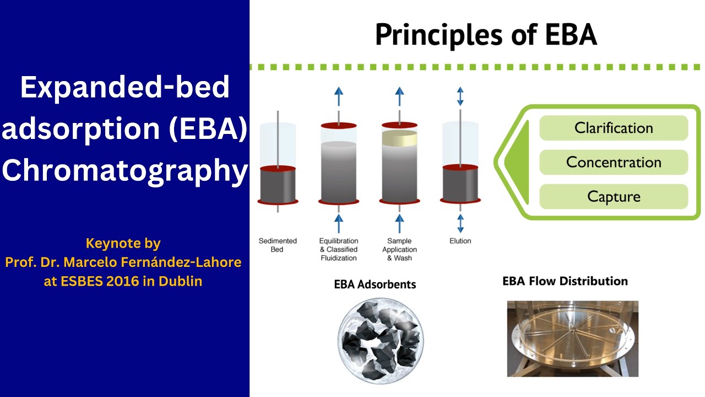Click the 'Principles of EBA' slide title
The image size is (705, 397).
485,34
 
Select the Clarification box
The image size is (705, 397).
614,128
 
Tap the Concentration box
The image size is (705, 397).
614,162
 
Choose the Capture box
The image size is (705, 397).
614,196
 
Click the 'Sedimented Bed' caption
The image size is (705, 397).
278,245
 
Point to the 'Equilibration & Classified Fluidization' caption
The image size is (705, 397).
339,249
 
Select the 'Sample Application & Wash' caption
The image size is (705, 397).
399,249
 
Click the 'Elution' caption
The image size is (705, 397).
460,241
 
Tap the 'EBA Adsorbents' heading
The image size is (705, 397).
375,285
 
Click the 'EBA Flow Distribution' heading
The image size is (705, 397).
565,281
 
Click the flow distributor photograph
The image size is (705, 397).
572,339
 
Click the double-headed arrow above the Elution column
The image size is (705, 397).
460,96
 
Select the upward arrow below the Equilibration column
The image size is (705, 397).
339,223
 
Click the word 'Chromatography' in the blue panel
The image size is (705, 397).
125,171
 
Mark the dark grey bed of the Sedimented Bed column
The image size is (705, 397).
278,185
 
